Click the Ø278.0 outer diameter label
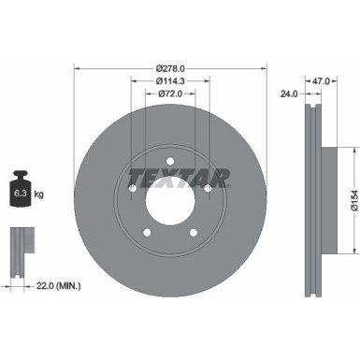[x=169, y=67]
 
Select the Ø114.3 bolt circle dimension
[x=169, y=80]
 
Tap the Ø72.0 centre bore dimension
[x=169, y=94]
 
